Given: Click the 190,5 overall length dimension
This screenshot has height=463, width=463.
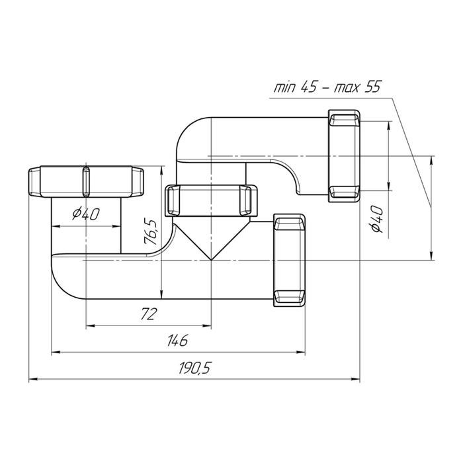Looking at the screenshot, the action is click(x=194, y=368).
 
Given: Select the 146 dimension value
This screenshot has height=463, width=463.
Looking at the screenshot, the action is click(x=177, y=341).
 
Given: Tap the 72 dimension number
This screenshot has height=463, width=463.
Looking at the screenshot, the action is click(x=148, y=314).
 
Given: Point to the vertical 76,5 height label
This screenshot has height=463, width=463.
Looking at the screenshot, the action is click(x=151, y=232).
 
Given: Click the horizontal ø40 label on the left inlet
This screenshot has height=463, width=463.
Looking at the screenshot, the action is click(x=86, y=214).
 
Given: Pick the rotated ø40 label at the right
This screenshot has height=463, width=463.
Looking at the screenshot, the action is click(x=376, y=220).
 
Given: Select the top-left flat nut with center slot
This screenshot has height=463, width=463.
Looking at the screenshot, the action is click(x=86, y=182).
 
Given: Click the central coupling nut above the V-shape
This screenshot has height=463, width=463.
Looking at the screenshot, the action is click(x=211, y=201).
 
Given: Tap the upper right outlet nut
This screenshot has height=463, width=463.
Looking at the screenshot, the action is click(x=345, y=156).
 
